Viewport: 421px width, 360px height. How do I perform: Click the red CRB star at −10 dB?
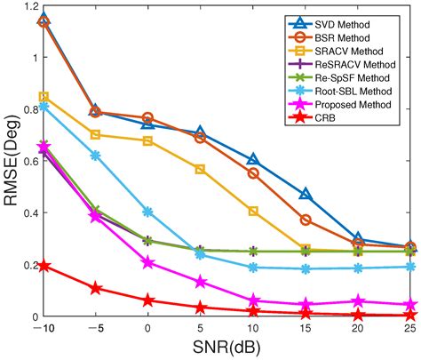point(44,266)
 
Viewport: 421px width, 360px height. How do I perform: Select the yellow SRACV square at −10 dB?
point(44,97)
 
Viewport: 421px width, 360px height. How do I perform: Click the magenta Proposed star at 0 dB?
point(148,262)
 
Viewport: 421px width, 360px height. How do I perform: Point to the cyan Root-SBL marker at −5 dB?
point(96,156)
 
